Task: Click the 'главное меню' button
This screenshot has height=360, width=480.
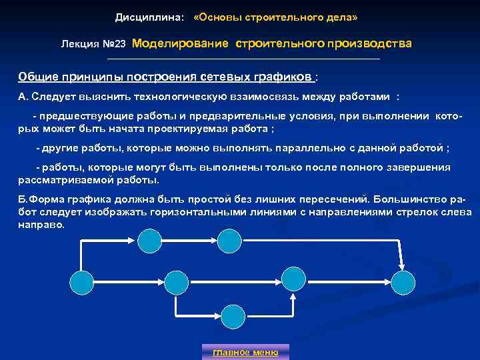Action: [245, 352]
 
